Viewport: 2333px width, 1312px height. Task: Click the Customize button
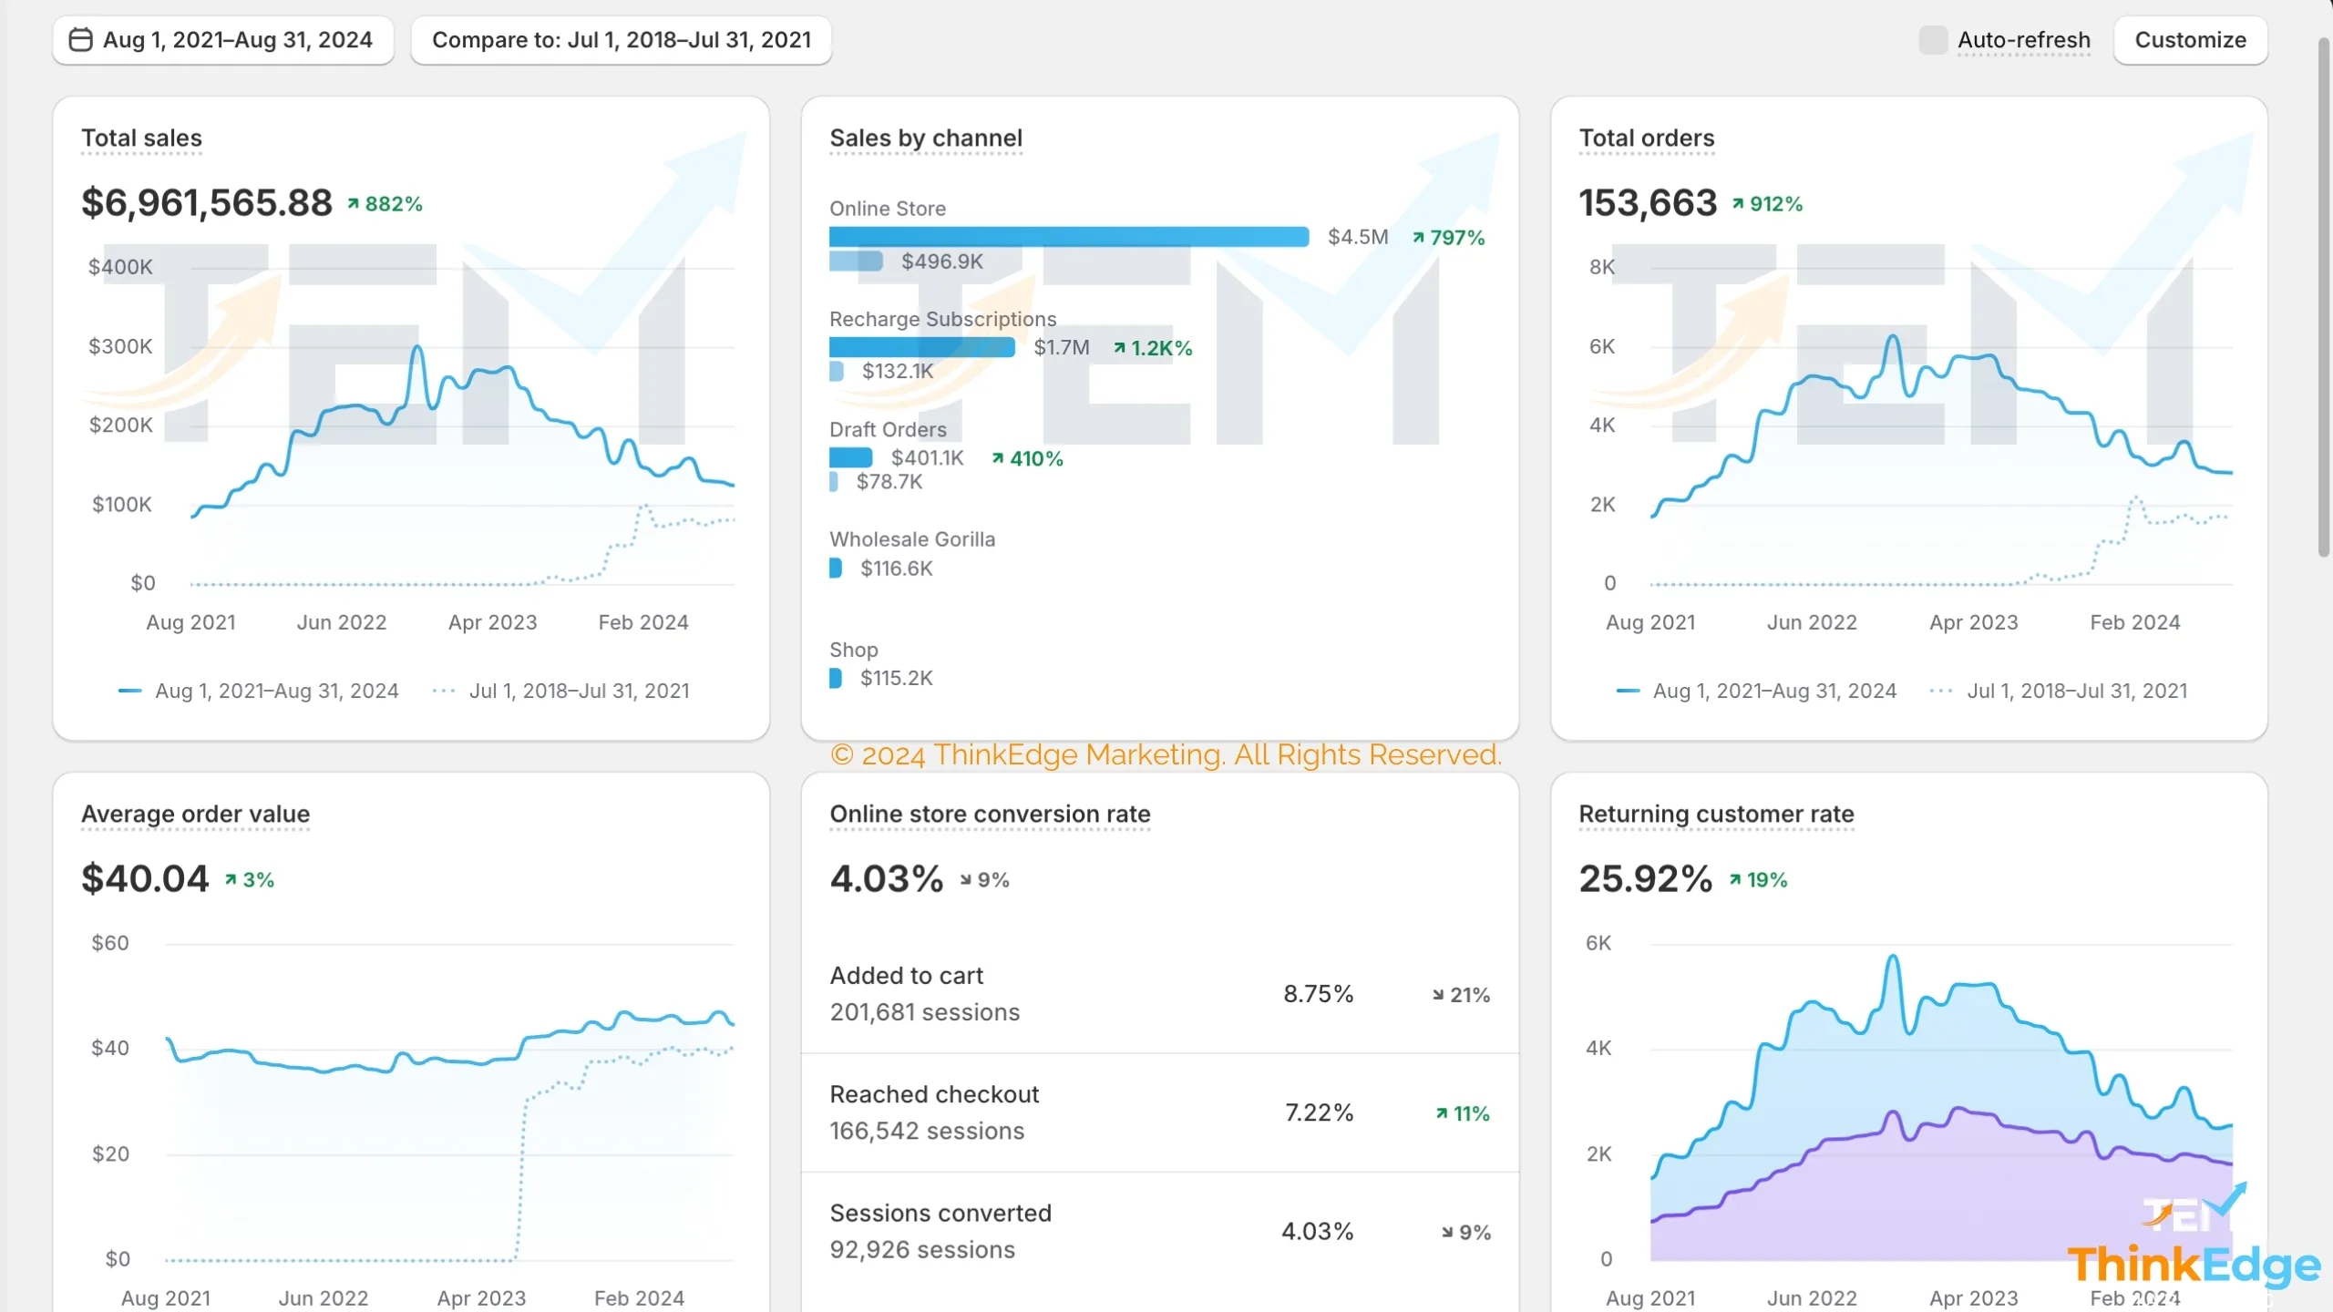[2190, 40]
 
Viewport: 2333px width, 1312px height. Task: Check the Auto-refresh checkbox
[1932, 40]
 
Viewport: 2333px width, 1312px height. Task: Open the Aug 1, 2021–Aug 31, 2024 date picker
[222, 40]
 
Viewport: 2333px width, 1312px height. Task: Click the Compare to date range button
[621, 40]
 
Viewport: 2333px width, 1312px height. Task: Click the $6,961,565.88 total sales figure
[207, 202]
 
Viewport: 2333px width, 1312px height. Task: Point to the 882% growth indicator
[385, 204]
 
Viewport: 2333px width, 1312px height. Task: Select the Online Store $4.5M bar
[1068, 237]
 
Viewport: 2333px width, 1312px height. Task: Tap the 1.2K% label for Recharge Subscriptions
[1153, 348]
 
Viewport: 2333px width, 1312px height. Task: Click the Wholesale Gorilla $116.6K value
[896, 569]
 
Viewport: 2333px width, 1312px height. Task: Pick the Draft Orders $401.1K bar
[850, 457]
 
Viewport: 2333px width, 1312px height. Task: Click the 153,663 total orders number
[1648, 202]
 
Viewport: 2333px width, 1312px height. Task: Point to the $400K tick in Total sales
[120, 267]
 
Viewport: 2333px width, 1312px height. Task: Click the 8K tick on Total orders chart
[1601, 267]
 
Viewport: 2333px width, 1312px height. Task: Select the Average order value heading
[195, 814]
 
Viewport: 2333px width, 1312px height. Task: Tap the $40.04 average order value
[145, 878]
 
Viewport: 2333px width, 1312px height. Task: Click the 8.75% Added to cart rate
[1318, 994]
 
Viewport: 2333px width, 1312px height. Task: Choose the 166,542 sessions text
[927, 1131]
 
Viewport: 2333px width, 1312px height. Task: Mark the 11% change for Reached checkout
[1463, 1113]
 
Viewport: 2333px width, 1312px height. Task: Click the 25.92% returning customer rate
[1645, 878]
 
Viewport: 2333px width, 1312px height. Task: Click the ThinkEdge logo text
[2194, 1266]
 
